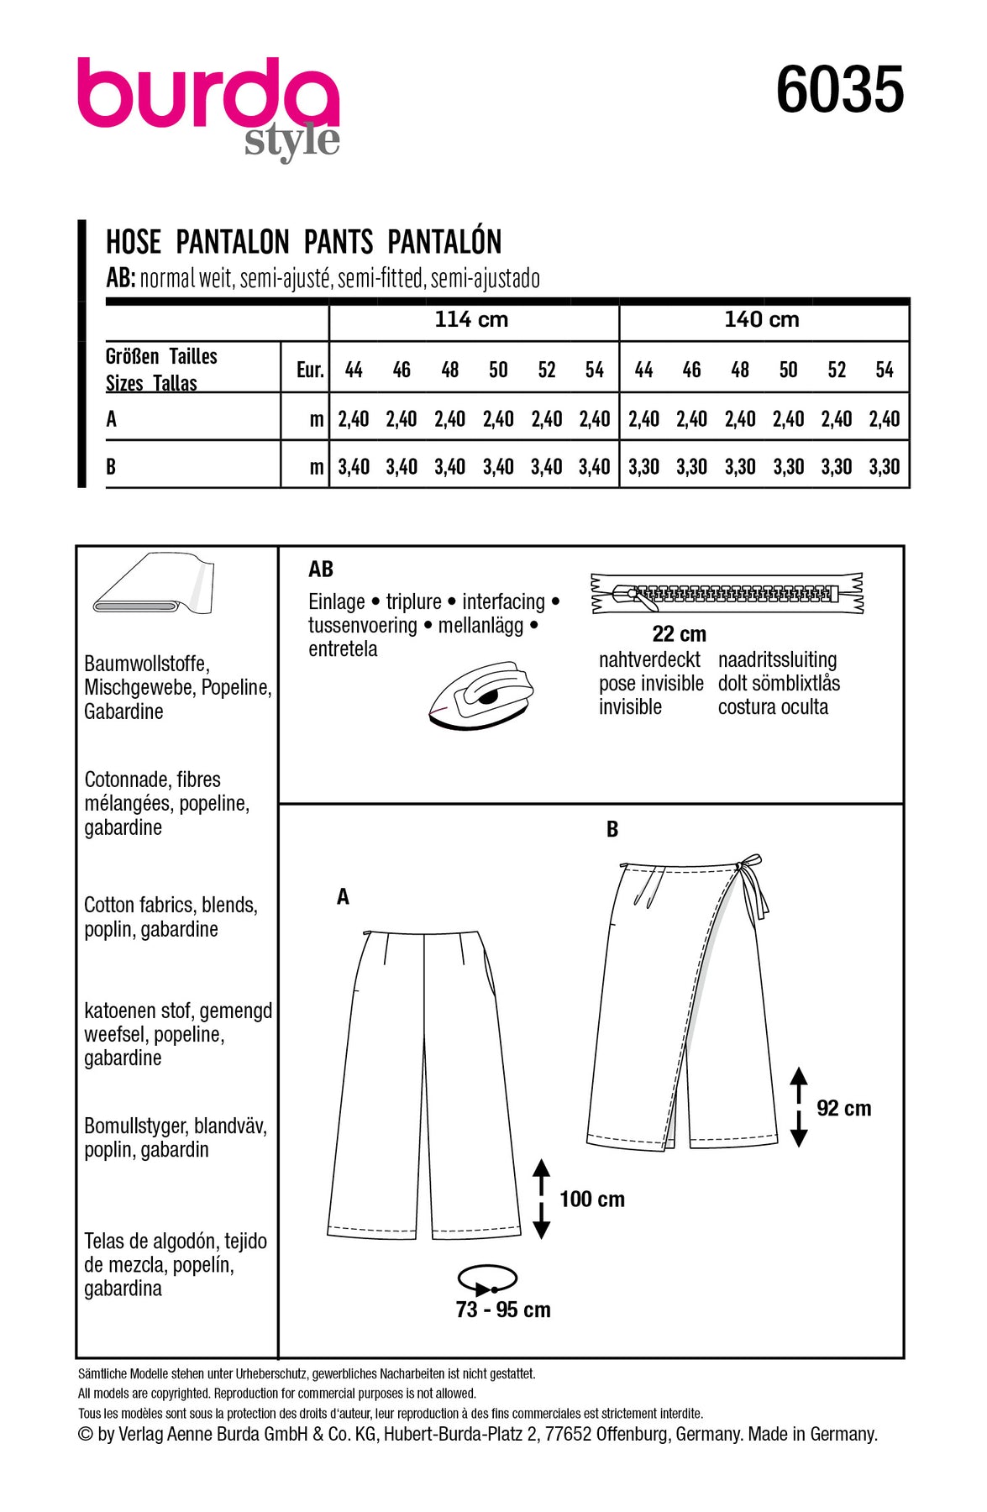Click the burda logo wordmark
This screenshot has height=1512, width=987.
pyautogui.click(x=208, y=94)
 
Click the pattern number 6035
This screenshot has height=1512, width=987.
pyautogui.click(x=839, y=90)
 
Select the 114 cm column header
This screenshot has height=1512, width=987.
pyautogui.click(x=471, y=320)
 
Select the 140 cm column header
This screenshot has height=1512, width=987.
pyautogui.click(x=762, y=320)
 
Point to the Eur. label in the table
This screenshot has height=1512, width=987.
pyautogui.click(x=310, y=370)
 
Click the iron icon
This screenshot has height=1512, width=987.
pyautogui.click(x=480, y=693)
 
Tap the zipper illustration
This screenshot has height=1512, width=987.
pyautogui.click(x=727, y=594)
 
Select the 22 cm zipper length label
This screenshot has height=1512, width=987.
pyautogui.click(x=679, y=634)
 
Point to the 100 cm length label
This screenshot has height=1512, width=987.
pyautogui.click(x=591, y=1200)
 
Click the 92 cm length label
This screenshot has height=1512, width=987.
pyautogui.click(x=843, y=1109)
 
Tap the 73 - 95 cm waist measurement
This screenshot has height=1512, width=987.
pyautogui.click(x=503, y=1310)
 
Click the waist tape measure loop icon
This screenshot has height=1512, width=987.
pyautogui.click(x=487, y=1279)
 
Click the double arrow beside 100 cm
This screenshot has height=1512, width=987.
pyautogui.click(x=542, y=1199)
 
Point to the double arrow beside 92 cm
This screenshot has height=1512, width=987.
pyautogui.click(x=799, y=1107)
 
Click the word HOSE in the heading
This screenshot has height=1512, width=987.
pyautogui.click(x=133, y=243)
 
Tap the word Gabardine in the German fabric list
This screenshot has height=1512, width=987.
pyautogui.click(x=123, y=711)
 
